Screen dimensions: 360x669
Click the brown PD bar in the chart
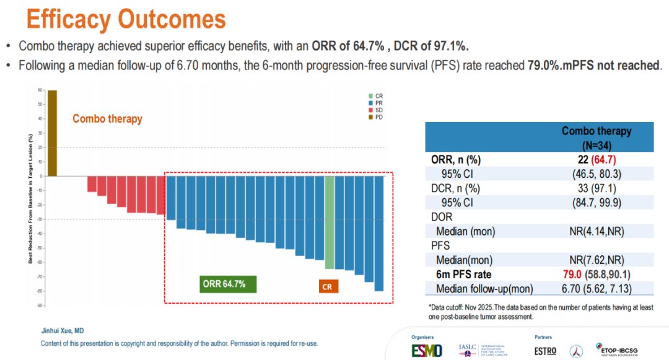(x=53, y=133)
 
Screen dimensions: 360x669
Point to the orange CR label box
(x=328, y=286)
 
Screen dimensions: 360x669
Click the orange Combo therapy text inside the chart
(x=107, y=119)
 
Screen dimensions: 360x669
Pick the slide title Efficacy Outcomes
(x=126, y=19)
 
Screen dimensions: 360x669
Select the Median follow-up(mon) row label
(x=484, y=289)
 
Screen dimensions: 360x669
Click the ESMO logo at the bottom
(x=427, y=350)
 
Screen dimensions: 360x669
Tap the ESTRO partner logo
(x=544, y=351)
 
